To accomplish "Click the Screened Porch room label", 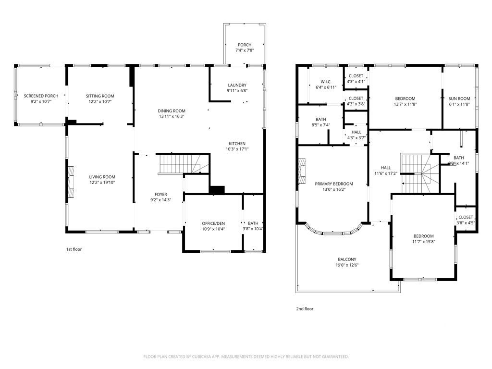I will pos(41,96).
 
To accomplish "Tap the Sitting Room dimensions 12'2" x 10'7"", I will pos(100,101).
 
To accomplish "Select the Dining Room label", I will pos(172,111).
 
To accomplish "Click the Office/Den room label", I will pos(213,223).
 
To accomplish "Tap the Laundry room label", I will pos(237,85).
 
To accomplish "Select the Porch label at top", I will pos(244,45).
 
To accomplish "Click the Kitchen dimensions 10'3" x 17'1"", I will pos(237,149).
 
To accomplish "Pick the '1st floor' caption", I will pos(74,249).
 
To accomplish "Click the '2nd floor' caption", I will pos(305,309).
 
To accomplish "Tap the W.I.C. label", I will pos(325,81).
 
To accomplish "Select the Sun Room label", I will pos(459,98).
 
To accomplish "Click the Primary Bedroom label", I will pos(333,184).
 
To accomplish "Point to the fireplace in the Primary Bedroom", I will pos(302,172).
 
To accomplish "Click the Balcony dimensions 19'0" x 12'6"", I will pos(347,265).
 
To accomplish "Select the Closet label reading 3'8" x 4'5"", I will pos(465,217).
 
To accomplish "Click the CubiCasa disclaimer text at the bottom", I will pos(246,357).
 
